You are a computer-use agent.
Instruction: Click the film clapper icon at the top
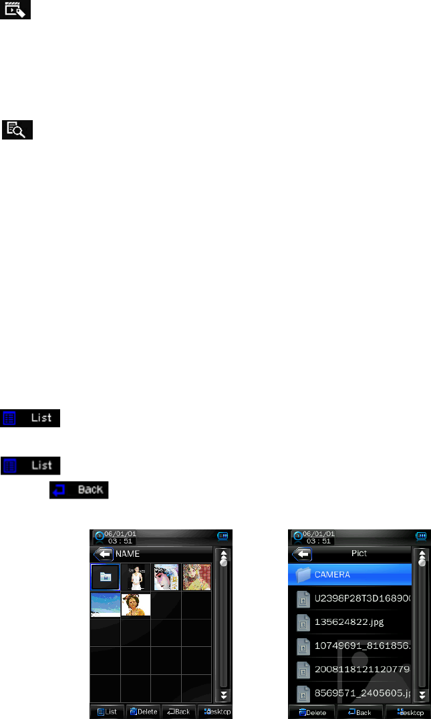pos(18,10)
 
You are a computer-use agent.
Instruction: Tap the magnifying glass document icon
pos(18,130)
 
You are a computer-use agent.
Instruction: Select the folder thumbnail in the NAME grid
pos(105,577)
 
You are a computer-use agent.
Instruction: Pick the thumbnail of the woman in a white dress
pos(136,577)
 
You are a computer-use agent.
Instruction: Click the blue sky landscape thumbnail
pos(105,606)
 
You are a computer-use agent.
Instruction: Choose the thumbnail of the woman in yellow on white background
pos(136,606)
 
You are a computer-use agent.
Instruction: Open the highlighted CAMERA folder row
pos(351,574)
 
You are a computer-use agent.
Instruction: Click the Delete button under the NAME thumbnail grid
pos(143,712)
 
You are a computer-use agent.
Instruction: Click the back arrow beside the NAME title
pos(103,553)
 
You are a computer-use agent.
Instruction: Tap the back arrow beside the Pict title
pos(301,553)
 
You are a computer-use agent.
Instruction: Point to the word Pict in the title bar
pos(359,553)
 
